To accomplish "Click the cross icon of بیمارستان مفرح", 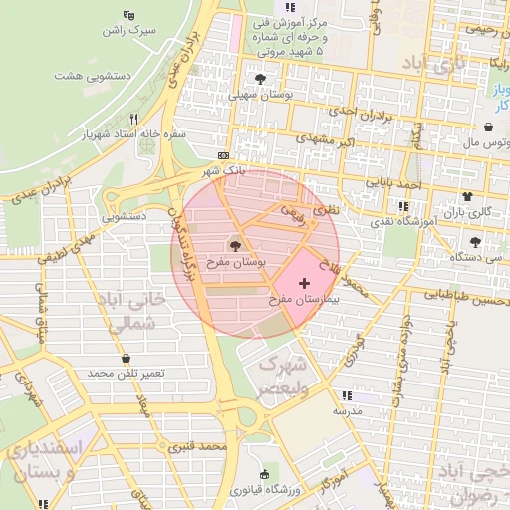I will pos(304,284).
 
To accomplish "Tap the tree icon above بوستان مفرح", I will pos(235,246).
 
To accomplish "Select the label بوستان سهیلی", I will pos(261,96).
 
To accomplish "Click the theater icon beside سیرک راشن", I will pos(128,15).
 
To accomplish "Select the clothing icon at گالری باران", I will pos(466,196).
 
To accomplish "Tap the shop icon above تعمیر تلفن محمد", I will pos(125,358).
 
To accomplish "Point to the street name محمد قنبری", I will pos(200,447).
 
